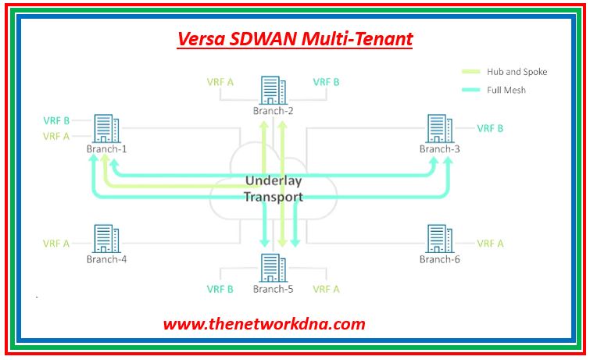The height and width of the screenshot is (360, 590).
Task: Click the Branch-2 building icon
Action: tap(274, 91)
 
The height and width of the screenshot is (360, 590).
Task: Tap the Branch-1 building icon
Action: tap(106, 128)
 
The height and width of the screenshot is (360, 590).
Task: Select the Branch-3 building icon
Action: tap(440, 128)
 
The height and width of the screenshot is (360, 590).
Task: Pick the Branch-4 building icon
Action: tap(106, 239)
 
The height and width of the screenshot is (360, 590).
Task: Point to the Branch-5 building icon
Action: tap(274, 268)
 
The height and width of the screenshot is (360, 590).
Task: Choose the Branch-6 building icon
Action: tap(440, 239)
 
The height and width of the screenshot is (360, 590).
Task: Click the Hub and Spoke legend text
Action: tap(517, 72)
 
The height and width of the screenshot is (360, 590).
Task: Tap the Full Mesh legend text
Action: tap(506, 90)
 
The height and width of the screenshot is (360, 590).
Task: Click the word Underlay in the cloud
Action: tap(274, 181)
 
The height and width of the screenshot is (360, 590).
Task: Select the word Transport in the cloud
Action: tap(274, 197)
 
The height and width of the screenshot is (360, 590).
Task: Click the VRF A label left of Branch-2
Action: tap(220, 82)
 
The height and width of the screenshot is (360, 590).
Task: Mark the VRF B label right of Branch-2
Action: tap(326, 82)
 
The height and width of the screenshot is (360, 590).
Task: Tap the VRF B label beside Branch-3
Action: tap(490, 128)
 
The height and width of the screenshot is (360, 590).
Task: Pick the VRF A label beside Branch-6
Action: tap(490, 244)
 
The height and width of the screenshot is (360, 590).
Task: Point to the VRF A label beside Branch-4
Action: tap(56, 244)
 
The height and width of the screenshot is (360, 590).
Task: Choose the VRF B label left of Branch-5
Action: tap(220, 289)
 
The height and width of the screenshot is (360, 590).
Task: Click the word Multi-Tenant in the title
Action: tap(357, 39)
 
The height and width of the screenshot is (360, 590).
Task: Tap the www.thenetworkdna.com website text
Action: tap(264, 324)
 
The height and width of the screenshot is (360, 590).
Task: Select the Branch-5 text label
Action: tap(274, 289)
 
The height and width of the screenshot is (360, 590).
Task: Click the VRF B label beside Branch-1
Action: tap(56, 120)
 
